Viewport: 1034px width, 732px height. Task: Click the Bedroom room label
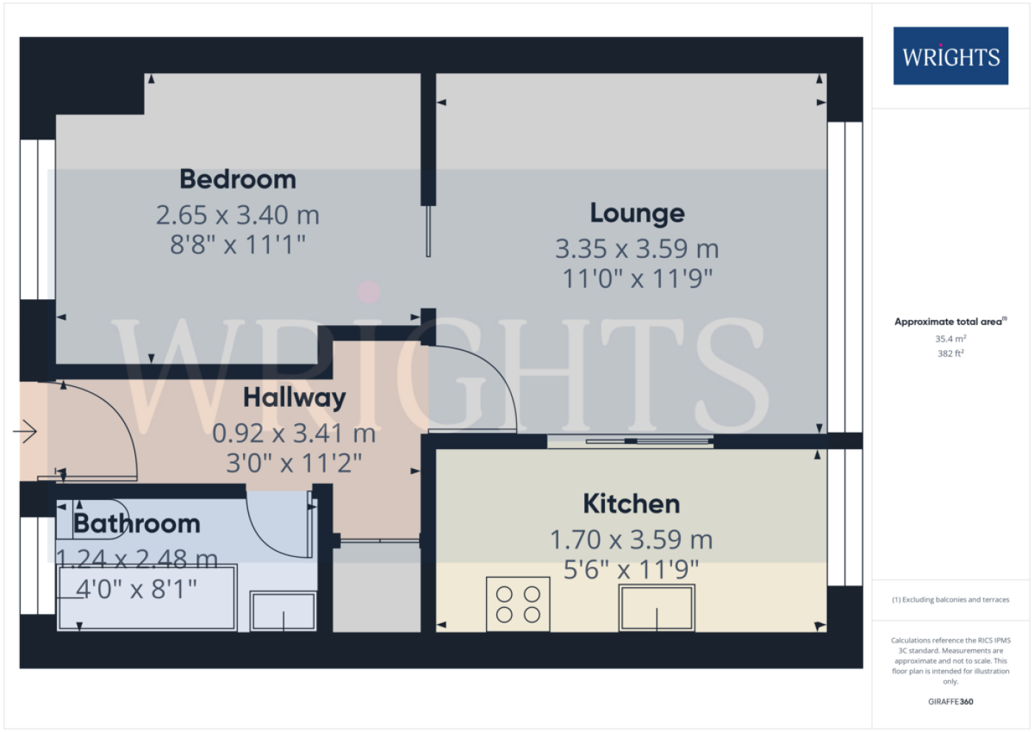pyautogui.click(x=238, y=179)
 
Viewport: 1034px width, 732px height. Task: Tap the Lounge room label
pyautogui.click(x=637, y=213)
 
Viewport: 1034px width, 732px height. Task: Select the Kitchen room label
pyautogui.click(x=631, y=504)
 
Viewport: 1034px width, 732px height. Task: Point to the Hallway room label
pyautogui.click(x=295, y=398)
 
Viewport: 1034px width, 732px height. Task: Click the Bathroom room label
pyautogui.click(x=137, y=524)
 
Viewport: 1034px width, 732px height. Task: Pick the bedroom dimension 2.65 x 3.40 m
pyautogui.click(x=238, y=215)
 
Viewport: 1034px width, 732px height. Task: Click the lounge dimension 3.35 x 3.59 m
pyautogui.click(x=637, y=249)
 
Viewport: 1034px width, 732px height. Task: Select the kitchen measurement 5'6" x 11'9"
pyautogui.click(x=631, y=569)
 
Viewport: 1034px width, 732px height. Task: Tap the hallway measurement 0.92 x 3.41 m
pyautogui.click(x=294, y=434)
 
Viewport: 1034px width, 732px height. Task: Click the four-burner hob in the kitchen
pyautogui.click(x=518, y=604)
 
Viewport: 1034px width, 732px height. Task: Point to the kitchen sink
pyautogui.click(x=657, y=608)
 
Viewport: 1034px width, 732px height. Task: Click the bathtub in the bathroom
pyautogui.click(x=147, y=598)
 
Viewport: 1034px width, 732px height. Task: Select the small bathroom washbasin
pyautogui.click(x=283, y=611)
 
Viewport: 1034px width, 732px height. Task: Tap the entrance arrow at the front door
pyautogui.click(x=25, y=432)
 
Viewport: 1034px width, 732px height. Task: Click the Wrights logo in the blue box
pyautogui.click(x=951, y=56)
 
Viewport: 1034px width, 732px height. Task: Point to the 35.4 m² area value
pyautogui.click(x=951, y=338)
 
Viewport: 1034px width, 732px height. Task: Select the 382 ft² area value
pyautogui.click(x=951, y=353)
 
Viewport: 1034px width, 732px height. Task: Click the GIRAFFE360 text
pyautogui.click(x=951, y=702)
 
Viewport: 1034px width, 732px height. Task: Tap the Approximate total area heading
pyautogui.click(x=951, y=321)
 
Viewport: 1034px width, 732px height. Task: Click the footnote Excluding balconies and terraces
pyautogui.click(x=951, y=600)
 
